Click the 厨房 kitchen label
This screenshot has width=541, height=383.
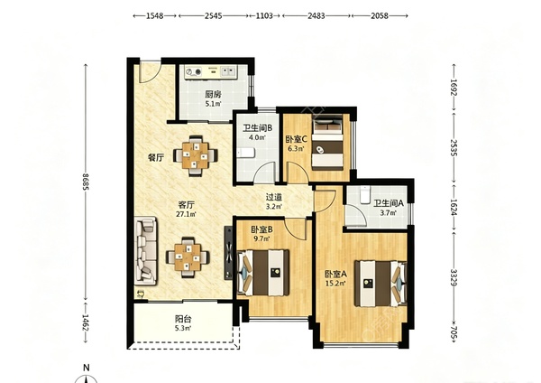pos(213,94)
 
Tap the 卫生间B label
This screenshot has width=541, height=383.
pos(257,128)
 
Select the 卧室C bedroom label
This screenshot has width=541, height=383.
pos(297,140)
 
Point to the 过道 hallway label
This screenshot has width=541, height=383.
pos(274,197)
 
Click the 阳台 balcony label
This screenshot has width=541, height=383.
pos(183,319)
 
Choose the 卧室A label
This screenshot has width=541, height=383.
pos(335,275)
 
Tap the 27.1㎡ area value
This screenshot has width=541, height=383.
pos(186,214)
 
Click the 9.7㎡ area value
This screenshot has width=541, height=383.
pos(261,238)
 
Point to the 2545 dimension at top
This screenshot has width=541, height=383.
pos(213,16)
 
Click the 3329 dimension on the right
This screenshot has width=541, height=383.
pos(454,278)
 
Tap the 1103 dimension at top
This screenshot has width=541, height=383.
pos(264,16)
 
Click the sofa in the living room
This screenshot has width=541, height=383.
pos(145,250)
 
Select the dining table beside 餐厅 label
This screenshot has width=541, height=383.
pos(196,155)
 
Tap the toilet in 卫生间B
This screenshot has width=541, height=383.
pos(245,153)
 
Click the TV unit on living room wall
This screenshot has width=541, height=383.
pos(228,253)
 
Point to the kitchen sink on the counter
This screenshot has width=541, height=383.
pos(227,71)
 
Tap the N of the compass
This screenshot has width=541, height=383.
pos(87,368)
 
